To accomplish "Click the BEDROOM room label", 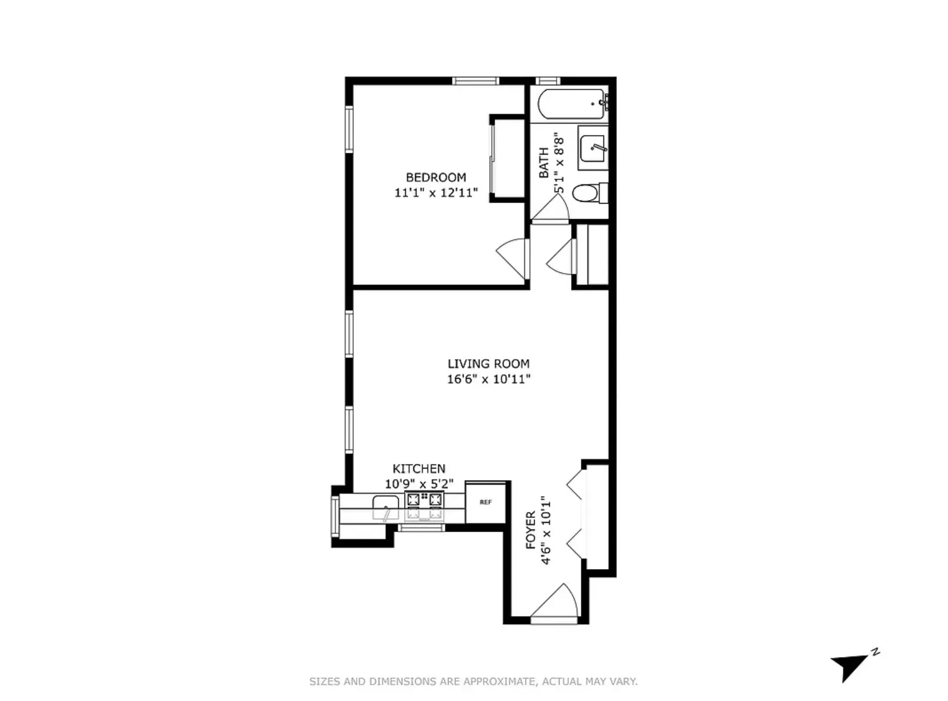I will (x=436, y=178).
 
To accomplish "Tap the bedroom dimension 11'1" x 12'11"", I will (x=436, y=193).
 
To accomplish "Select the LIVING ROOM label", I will (x=488, y=364).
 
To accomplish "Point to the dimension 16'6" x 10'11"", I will (x=488, y=379).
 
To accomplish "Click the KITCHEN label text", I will (x=419, y=468).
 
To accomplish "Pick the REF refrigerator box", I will (x=486, y=502).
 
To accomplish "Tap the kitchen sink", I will (x=386, y=507).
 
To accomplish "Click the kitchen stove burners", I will (x=425, y=500).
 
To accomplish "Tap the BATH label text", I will (x=544, y=163).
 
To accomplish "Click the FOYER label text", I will (x=531, y=530).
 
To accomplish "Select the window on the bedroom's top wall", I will (x=475, y=81).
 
